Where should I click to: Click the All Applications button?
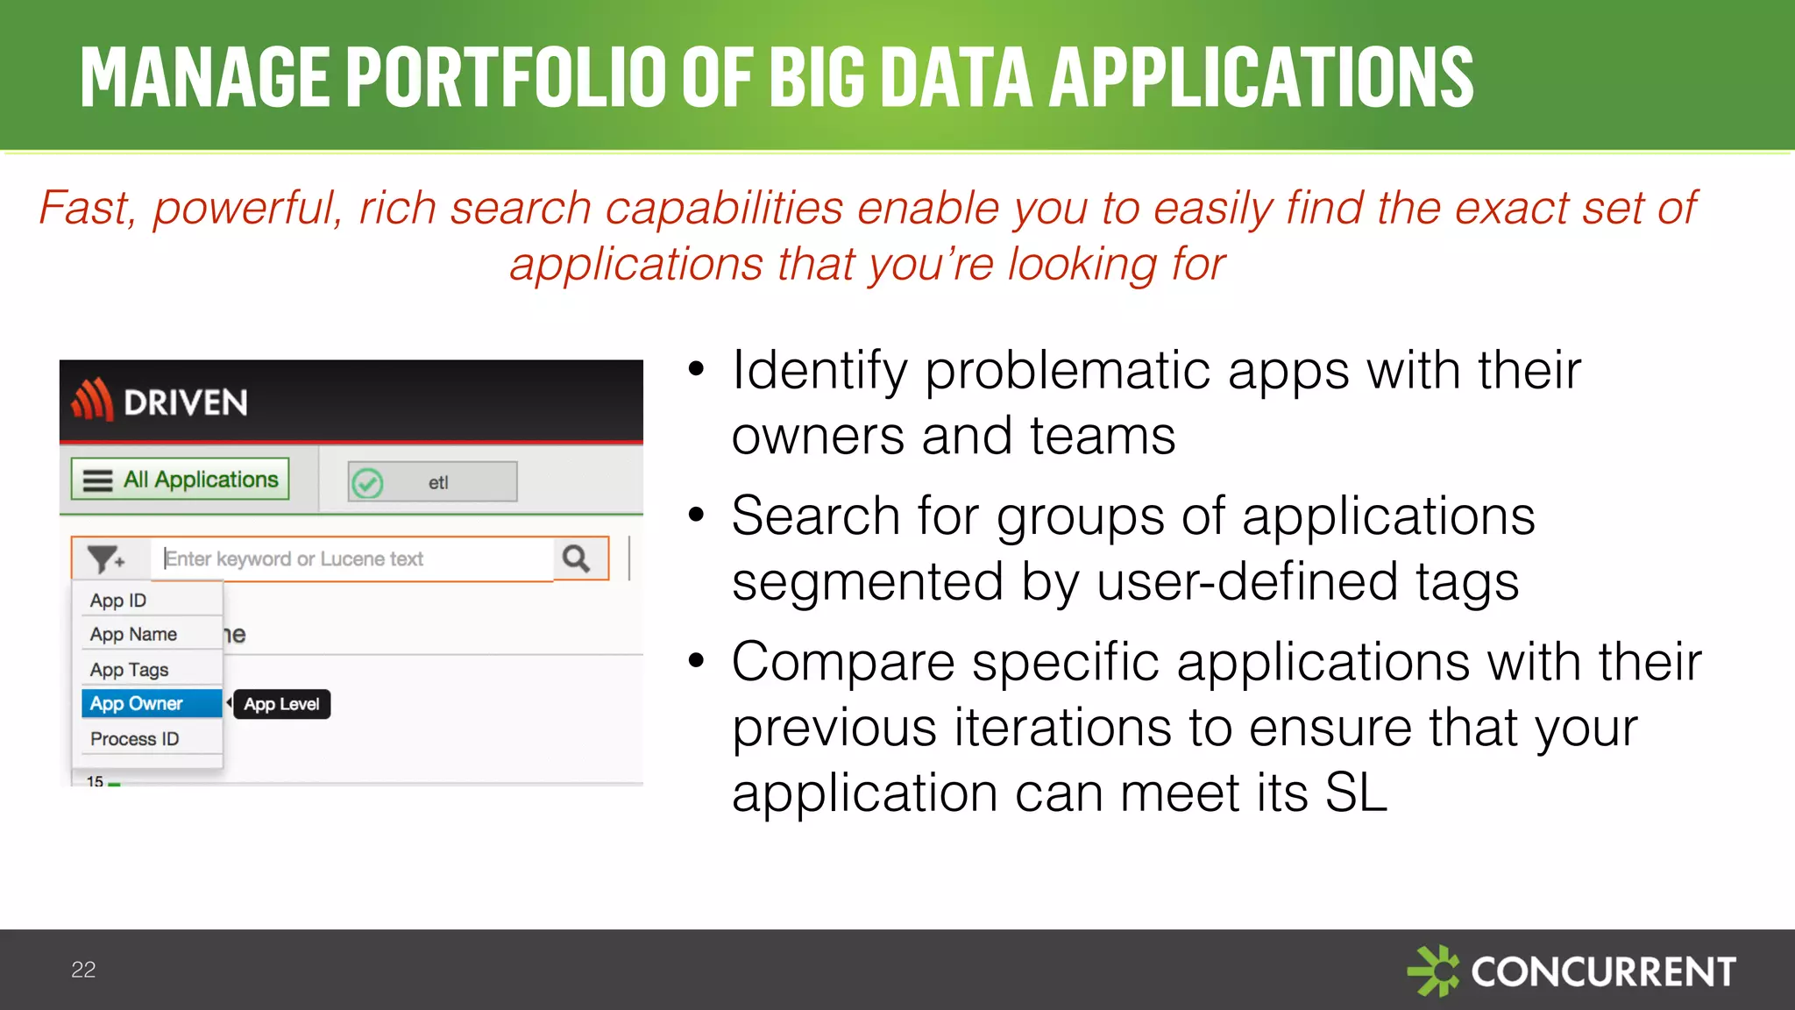(181, 480)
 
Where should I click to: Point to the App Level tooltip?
(281, 704)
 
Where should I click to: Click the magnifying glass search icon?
(577, 558)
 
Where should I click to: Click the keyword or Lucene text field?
(351, 558)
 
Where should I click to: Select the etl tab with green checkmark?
(433, 482)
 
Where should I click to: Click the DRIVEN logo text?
(185, 402)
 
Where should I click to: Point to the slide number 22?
(83, 970)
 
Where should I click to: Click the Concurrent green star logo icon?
(1433, 971)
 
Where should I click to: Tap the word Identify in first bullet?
(819, 370)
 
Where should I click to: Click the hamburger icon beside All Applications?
(97, 480)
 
